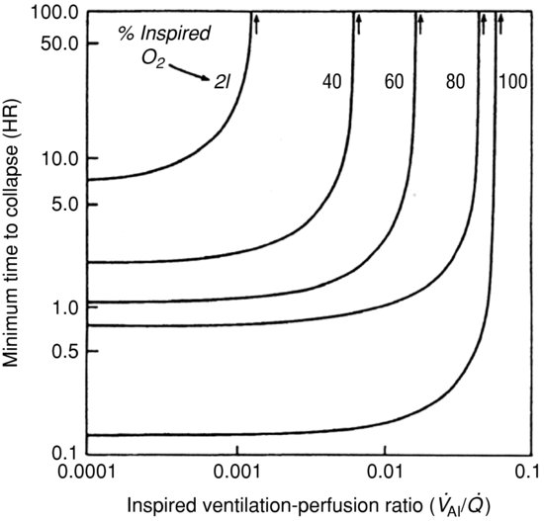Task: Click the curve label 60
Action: point(394,83)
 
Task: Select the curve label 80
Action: point(455,83)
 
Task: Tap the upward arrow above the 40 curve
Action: point(358,21)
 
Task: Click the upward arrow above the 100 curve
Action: point(500,21)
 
